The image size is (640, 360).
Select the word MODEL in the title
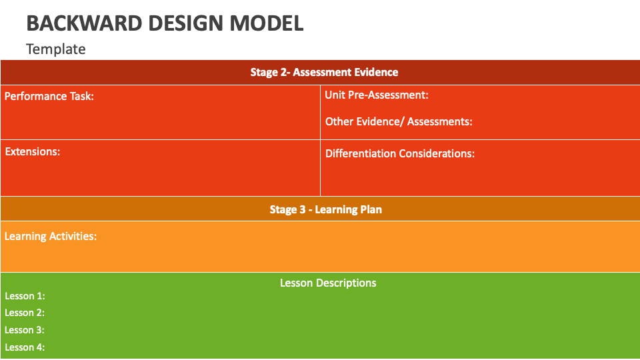[266, 23]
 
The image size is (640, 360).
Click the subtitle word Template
[56, 49]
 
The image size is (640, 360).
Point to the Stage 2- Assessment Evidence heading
[324, 72]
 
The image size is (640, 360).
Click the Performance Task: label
[49, 96]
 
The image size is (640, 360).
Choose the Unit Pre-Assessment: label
[377, 95]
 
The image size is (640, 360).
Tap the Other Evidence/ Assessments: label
[399, 121]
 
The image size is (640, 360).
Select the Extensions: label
[33, 151]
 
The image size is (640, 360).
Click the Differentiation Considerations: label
[400, 153]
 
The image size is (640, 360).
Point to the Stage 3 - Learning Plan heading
[325, 209]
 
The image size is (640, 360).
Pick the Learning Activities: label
[51, 236]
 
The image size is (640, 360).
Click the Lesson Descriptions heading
[328, 283]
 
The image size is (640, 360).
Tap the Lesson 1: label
[25, 296]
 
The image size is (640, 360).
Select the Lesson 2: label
[25, 313]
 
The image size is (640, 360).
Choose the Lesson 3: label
[25, 330]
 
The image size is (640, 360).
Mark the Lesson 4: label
[25, 347]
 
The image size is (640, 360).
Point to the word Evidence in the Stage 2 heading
[375, 72]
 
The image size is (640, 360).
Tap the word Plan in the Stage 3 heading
[371, 209]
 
